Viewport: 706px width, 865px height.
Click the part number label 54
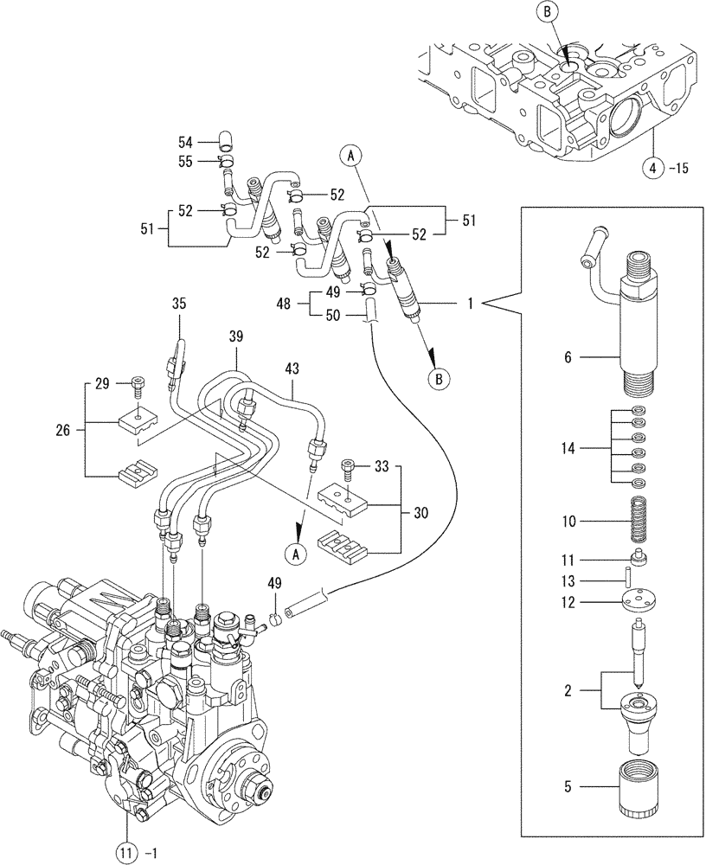[x=186, y=141]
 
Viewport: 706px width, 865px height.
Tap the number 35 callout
[x=179, y=304]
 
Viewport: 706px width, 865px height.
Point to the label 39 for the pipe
[x=236, y=335]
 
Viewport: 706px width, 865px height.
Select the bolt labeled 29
[x=138, y=384]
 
